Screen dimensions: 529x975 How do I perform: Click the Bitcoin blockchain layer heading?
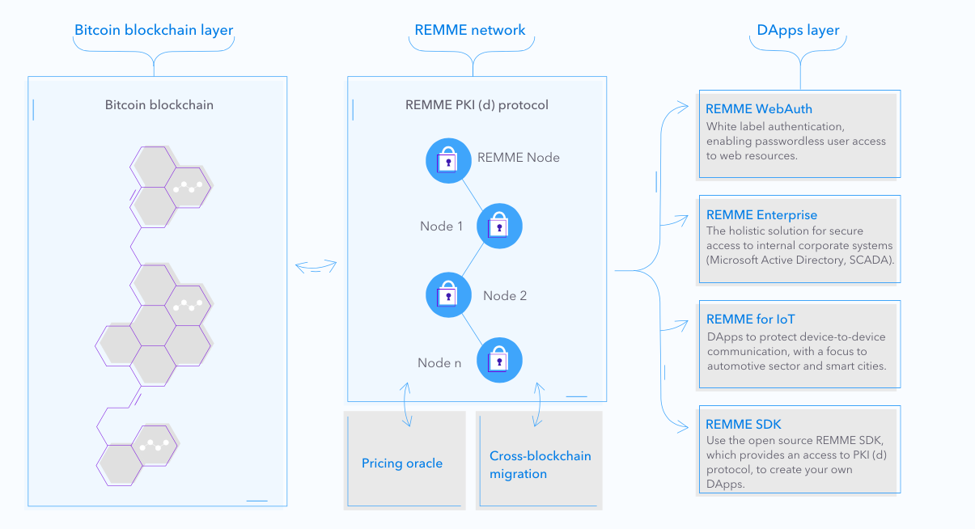(x=154, y=31)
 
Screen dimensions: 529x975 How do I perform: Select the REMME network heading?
(x=470, y=31)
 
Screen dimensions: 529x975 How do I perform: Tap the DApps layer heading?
(x=799, y=31)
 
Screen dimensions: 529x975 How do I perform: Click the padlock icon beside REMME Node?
(x=448, y=160)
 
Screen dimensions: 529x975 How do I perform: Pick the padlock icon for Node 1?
(x=499, y=226)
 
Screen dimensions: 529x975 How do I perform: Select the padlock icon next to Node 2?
(x=448, y=294)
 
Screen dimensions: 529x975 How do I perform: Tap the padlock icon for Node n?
(x=499, y=361)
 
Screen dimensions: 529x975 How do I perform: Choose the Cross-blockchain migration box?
(x=540, y=463)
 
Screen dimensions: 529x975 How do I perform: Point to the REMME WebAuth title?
(x=759, y=109)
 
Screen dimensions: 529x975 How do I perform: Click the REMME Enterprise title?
(x=761, y=215)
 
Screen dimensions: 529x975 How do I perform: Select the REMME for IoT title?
(x=756, y=320)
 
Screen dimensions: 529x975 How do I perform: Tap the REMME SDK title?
(x=744, y=425)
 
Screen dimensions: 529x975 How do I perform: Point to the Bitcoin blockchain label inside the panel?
(x=159, y=105)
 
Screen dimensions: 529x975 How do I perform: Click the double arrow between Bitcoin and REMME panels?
(x=316, y=267)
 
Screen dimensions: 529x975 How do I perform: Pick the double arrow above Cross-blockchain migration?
(x=536, y=404)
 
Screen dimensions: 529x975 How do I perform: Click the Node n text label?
(x=439, y=363)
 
